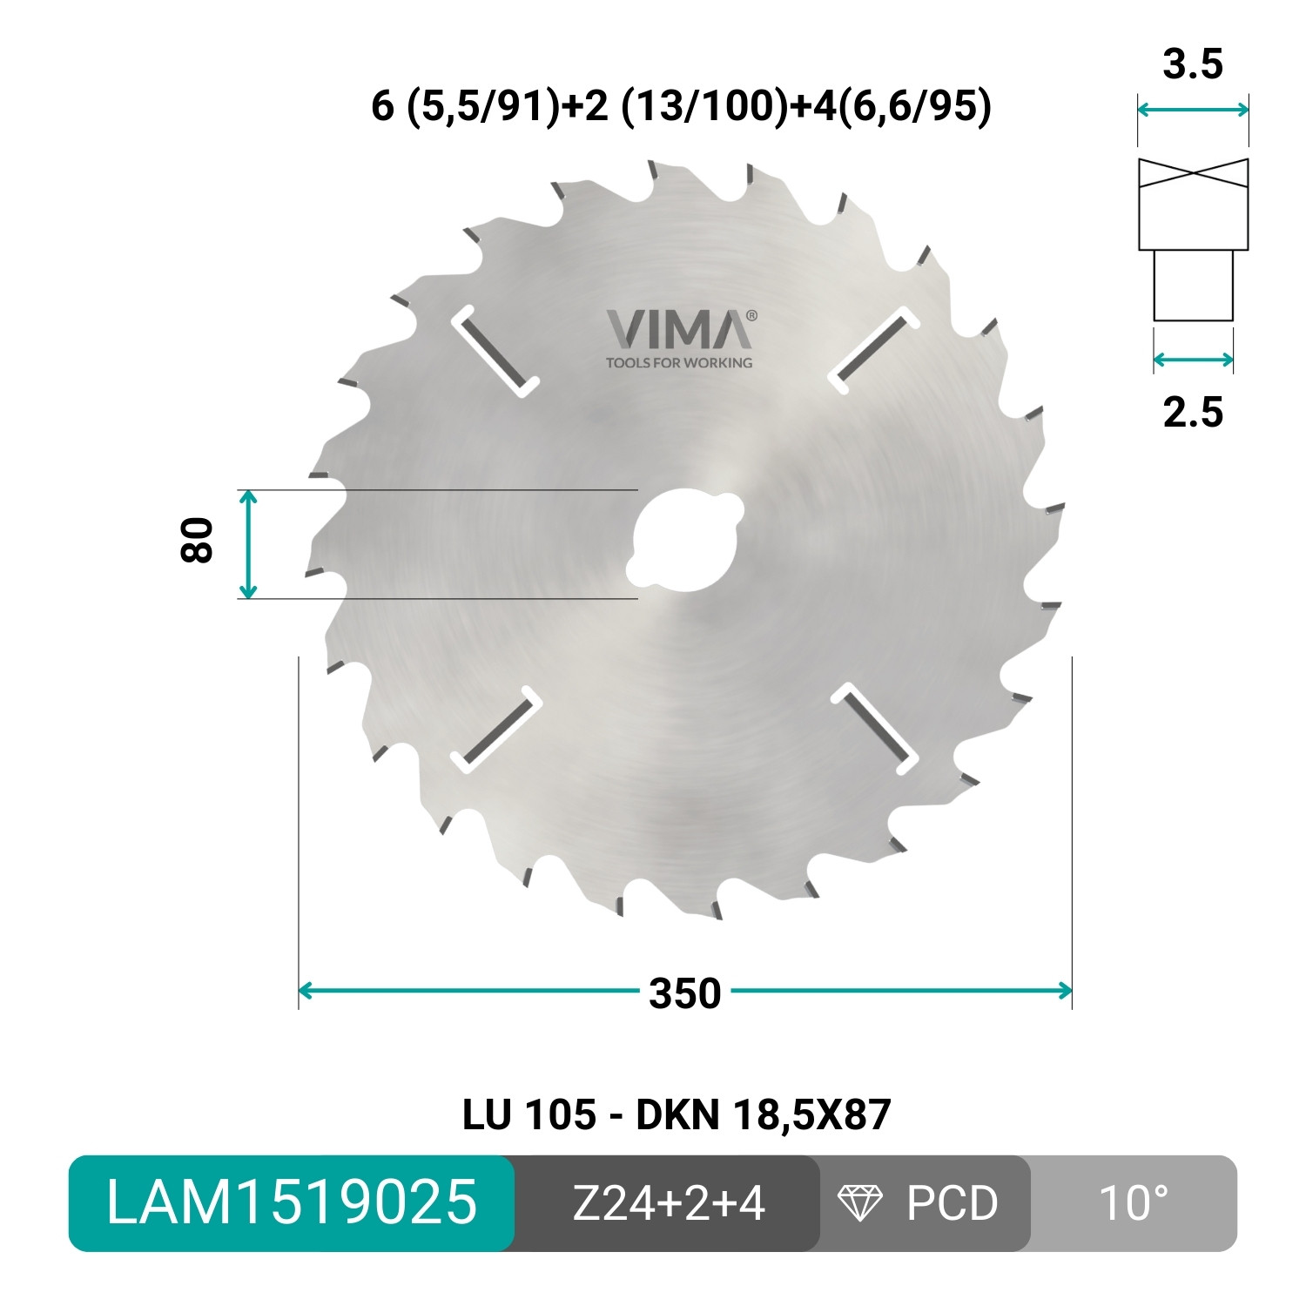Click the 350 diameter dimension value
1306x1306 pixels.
point(685,993)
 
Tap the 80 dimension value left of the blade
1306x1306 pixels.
point(198,540)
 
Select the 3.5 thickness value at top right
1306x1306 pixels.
point(1193,65)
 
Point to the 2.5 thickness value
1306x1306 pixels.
point(1193,411)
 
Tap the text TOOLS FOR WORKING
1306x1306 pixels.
point(679,362)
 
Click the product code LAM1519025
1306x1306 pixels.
point(292,1203)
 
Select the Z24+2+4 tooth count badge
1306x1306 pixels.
point(668,1203)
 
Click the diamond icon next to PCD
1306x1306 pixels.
point(859,1203)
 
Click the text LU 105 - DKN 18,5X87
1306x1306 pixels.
point(677,1114)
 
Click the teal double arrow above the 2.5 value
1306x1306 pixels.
point(1193,360)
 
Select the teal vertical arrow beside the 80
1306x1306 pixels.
point(248,544)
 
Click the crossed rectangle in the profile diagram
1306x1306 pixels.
point(1193,205)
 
